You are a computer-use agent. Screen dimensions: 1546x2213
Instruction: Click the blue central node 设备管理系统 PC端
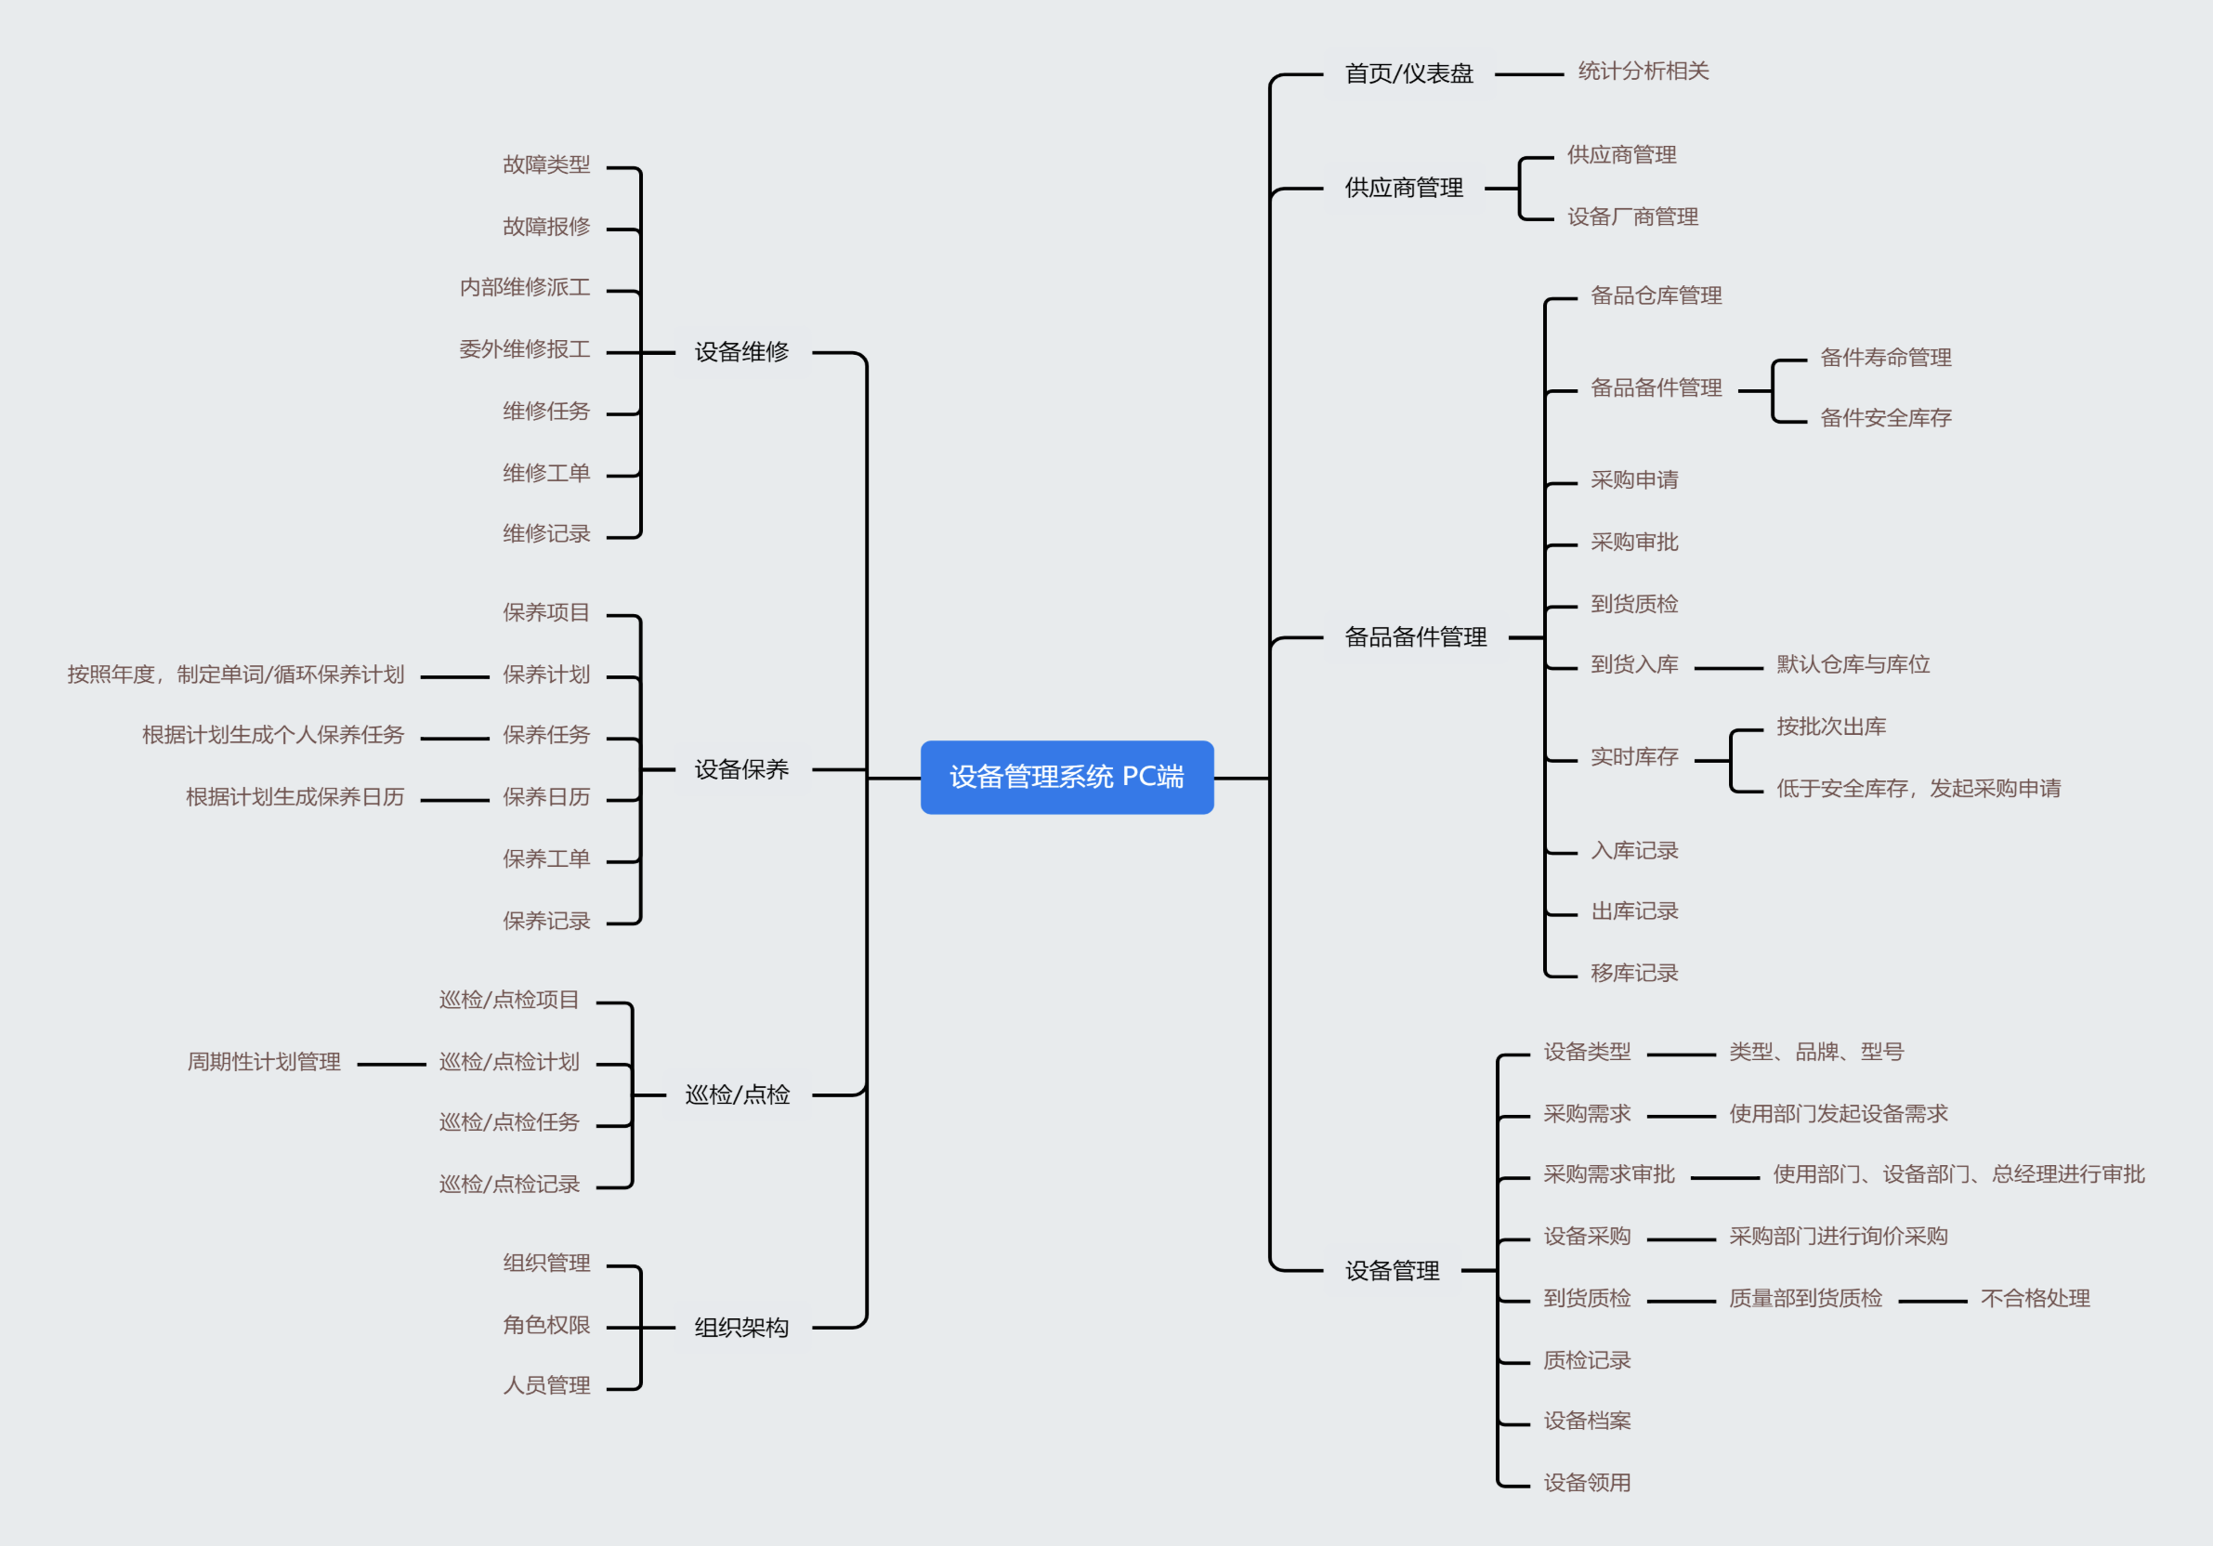(1066, 777)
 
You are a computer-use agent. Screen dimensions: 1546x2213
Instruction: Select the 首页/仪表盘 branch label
(1408, 73)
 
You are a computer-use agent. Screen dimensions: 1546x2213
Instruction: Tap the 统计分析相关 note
(1643, 72)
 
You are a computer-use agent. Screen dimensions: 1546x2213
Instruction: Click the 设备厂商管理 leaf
(1631, 216)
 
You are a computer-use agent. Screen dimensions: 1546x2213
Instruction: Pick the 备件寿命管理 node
(1884, 358)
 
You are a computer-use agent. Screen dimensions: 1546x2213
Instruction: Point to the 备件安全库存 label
(1884, 418)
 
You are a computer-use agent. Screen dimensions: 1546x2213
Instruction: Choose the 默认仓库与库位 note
(1852, 665)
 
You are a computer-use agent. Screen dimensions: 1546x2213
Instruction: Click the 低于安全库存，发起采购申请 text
(1918, 789)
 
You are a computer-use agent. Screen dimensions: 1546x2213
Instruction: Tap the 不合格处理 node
(2034, 1298)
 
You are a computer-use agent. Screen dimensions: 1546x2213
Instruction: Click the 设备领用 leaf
(1587, 1483)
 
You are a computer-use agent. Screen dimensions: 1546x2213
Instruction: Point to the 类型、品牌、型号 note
(1816, 1052)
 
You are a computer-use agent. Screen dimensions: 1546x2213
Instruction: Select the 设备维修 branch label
(741, 352)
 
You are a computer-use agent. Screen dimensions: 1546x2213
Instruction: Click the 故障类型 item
(545, 164)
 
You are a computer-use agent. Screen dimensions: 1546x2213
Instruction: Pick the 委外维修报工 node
(524, 349)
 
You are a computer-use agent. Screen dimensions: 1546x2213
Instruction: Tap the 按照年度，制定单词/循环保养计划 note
(235, 675)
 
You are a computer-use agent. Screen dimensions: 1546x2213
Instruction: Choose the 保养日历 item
(545, 797)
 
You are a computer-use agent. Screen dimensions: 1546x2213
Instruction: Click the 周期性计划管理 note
(263, 1062)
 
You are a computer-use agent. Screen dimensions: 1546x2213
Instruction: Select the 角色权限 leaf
(545, 1325)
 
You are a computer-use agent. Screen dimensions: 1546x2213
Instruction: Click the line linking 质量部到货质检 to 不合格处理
(1931, 1301)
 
